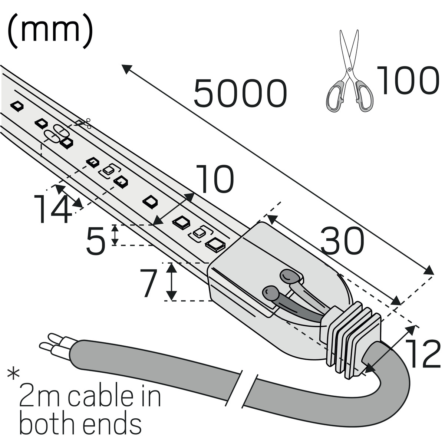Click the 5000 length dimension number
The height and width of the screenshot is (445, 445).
coord(240,93)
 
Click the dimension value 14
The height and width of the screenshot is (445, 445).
coord(52,210)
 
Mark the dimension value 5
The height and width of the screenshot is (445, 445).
coord(95,241)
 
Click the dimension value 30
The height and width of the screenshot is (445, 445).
coord(342,241)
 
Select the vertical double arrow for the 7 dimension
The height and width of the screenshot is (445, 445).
coord(171,281)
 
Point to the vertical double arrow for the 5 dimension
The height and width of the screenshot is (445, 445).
coord(115,235)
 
